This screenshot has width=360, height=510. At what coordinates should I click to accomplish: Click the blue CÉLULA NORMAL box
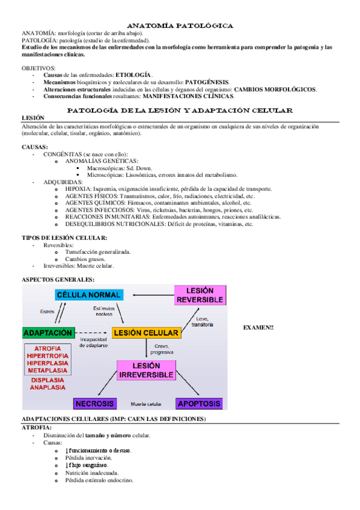89,295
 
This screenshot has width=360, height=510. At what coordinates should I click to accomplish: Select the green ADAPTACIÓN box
47,333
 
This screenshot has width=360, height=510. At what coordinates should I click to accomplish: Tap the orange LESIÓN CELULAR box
145,333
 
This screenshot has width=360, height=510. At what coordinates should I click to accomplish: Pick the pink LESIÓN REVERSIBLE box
200,295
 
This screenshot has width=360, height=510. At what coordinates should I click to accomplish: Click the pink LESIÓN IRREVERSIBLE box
146,369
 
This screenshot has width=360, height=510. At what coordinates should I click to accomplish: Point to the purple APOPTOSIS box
199,404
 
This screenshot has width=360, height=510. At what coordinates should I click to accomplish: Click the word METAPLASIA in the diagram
47,370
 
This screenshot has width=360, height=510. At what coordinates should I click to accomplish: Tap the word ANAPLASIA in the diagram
47,388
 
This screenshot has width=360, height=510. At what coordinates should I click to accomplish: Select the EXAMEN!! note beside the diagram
259,327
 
